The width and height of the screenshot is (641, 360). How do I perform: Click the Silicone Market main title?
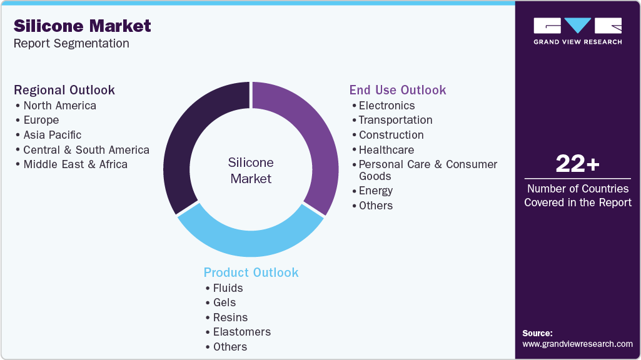82,26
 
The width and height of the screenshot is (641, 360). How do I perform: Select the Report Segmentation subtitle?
71,44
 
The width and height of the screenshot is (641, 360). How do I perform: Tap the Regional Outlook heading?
64,90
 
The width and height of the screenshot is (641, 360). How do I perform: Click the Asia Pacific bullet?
53,135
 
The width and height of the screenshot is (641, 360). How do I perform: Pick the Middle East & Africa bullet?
75,164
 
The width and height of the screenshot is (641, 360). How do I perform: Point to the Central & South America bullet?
86,150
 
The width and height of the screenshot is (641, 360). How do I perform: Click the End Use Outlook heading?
398,90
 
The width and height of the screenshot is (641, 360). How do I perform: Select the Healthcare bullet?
386,150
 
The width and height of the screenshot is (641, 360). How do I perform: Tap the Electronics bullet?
386,106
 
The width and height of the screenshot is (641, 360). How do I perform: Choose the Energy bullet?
375,191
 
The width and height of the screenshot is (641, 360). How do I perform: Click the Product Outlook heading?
251,272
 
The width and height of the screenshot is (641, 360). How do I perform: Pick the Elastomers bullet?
241,332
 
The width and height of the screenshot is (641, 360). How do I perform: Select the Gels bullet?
224,302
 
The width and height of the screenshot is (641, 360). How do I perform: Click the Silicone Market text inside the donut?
251,171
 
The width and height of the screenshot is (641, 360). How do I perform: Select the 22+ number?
577,164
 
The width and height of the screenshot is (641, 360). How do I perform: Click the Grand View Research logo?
577,31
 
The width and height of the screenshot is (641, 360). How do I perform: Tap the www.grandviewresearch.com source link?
577,344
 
